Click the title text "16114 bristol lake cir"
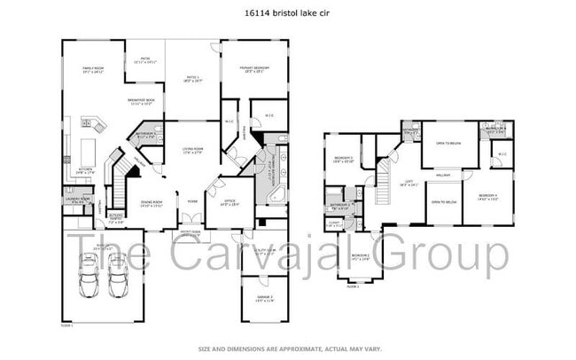[287, 13]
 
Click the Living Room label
[193, 150]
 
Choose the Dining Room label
[152, 203]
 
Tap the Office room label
[230, 203]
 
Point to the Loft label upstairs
[385, 184]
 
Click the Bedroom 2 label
[359, 258]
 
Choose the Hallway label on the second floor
[442, 176]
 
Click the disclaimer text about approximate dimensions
[287, 348]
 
